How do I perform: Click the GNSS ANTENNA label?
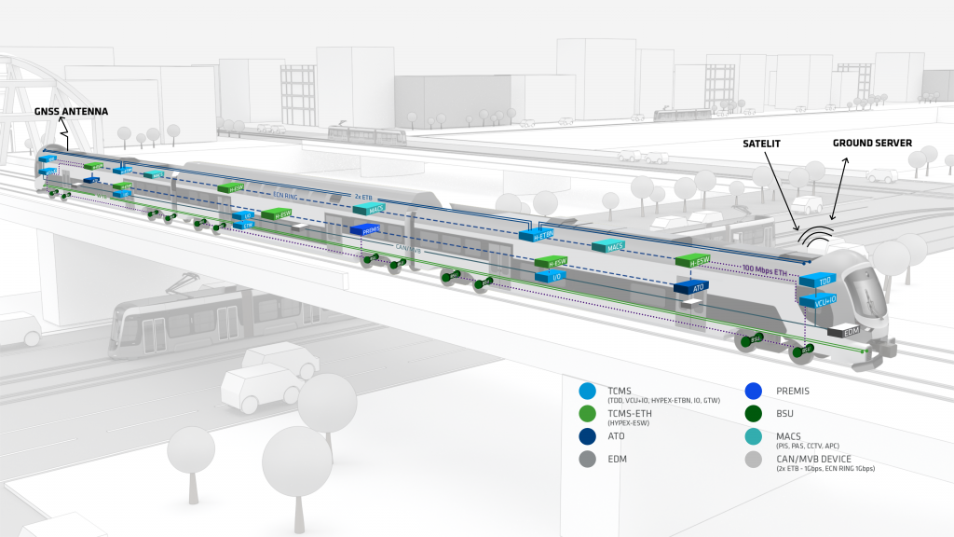71,112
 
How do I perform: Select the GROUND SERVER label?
872,143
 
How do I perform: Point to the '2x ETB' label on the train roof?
364,197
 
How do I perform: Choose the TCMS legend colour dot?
587,392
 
